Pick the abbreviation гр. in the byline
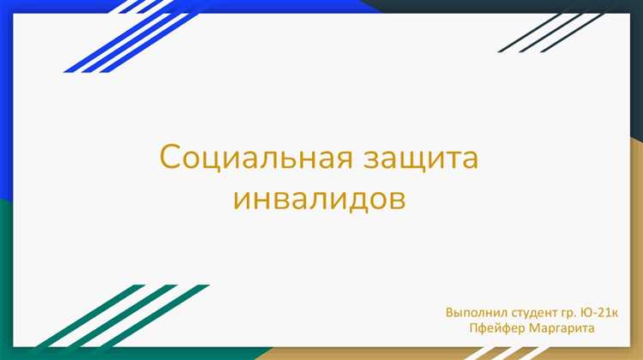pos(573,311)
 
